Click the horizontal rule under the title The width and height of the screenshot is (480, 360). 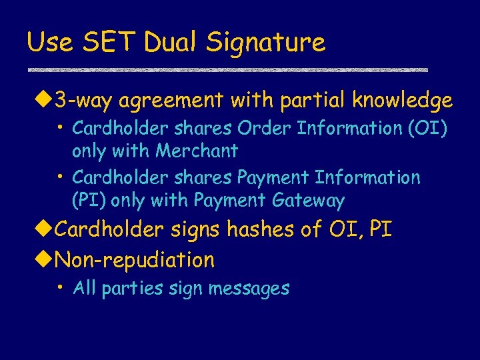click(227, 69)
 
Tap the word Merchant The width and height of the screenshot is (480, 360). click(197, 151)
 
